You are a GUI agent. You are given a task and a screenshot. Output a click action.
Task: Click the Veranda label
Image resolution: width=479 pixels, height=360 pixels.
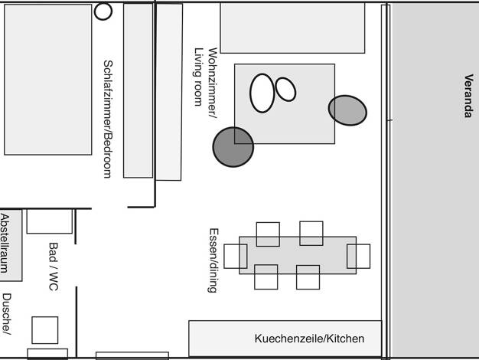tap(469, 96)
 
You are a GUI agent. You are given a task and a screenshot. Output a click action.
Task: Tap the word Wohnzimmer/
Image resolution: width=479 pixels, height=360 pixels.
tap(213, 83)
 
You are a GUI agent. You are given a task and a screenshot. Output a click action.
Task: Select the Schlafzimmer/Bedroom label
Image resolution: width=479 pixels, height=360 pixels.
tap(108, 119)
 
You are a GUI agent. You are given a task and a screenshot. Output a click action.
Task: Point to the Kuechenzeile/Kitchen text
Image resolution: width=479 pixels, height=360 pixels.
tap(309, 339)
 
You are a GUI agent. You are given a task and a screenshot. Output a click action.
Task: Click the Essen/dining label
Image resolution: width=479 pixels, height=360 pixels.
tap(213, 260)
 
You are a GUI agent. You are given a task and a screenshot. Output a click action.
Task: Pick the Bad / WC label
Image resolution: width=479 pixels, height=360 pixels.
tap(54, 267)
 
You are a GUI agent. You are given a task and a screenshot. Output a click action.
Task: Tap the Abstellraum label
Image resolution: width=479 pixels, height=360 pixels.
tap(5, 244)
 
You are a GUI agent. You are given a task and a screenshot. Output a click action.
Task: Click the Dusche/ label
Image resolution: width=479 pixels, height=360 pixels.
tap(7, 314)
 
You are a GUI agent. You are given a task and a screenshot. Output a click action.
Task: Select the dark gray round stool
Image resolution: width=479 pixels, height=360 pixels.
tap(233, 147)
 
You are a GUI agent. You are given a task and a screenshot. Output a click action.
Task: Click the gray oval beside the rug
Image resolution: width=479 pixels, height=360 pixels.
tap(347, 110)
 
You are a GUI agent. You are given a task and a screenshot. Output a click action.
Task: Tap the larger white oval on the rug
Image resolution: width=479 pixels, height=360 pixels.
tap(262, 93)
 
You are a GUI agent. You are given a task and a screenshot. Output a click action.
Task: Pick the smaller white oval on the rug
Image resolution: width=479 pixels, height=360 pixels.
tap(285, 90)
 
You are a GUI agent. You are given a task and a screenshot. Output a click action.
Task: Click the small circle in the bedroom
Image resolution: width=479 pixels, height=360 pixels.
tap(103, 11)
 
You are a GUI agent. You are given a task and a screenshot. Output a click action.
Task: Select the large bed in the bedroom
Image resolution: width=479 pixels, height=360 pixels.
tap(48, 80)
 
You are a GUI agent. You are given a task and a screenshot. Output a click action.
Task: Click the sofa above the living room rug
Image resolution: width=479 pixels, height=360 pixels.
tap(292, 28)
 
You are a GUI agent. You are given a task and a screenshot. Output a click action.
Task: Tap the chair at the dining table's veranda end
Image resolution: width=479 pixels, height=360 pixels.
tap(358, 256)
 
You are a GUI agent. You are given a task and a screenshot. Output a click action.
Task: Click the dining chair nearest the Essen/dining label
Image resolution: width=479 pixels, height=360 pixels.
tap(236, 257)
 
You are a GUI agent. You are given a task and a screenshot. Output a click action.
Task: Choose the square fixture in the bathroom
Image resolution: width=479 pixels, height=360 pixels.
tap(45, 330)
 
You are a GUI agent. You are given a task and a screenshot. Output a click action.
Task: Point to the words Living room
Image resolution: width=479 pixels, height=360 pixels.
tap(199, 77)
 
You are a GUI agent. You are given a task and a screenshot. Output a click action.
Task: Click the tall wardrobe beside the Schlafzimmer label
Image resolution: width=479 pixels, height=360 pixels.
tap(138, 90)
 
